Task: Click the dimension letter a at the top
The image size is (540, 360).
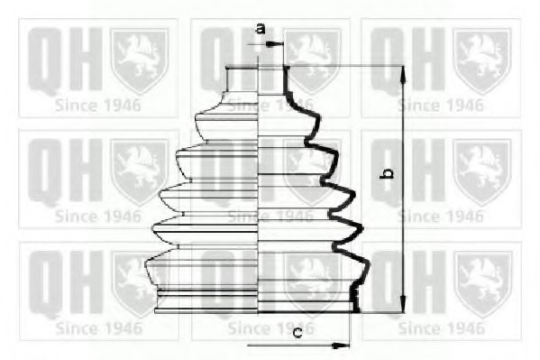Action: click(x=261, y=28)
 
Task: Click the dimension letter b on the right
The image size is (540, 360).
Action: click(x=387, y=173)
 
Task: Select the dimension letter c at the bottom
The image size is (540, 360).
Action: click(x=297, y=332)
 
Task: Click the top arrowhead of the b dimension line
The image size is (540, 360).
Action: click(x=403, y=74)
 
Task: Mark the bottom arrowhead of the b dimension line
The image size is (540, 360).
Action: click(x=403, y=304)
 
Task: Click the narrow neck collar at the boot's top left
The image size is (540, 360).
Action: click(x=243, y=80)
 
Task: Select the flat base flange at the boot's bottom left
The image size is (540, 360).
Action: click(x=206, y=310)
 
